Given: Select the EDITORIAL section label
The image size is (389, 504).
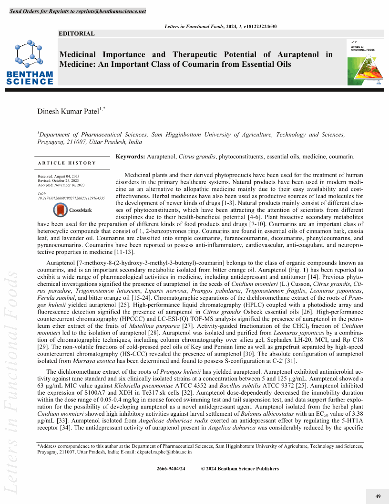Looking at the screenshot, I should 76,33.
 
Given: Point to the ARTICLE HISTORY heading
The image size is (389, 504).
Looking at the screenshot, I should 67,163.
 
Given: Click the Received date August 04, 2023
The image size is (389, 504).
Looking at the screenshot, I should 61,177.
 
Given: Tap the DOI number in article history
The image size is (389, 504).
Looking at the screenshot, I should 71,197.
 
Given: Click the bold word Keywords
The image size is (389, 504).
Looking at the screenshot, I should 131,156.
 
